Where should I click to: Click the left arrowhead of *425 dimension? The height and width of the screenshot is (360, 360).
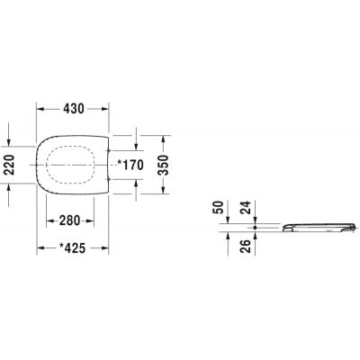point(39,253)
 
